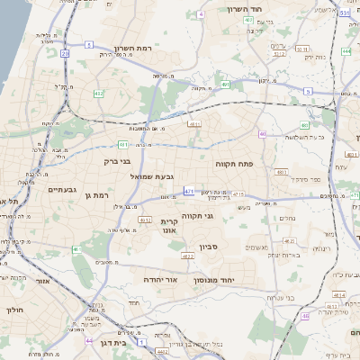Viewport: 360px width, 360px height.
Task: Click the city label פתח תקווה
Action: coord(231,165)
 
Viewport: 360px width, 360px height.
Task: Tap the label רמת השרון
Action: coord(112,49)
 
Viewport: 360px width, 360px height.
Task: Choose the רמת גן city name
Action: coord(94,195)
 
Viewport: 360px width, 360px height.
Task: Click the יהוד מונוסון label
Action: coord(213,280)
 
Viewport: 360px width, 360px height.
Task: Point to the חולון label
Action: coord(15,310)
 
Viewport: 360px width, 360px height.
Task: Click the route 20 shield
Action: coord(65,54)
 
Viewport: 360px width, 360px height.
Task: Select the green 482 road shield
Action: coord(97,93)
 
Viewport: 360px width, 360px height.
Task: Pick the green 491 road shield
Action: coord(225,85)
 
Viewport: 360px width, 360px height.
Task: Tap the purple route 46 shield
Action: coord(304,316)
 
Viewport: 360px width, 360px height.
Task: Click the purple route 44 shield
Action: coord(89,342)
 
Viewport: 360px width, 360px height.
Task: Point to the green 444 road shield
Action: coord(346,52)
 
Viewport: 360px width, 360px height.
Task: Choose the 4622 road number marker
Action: coord(188,256)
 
